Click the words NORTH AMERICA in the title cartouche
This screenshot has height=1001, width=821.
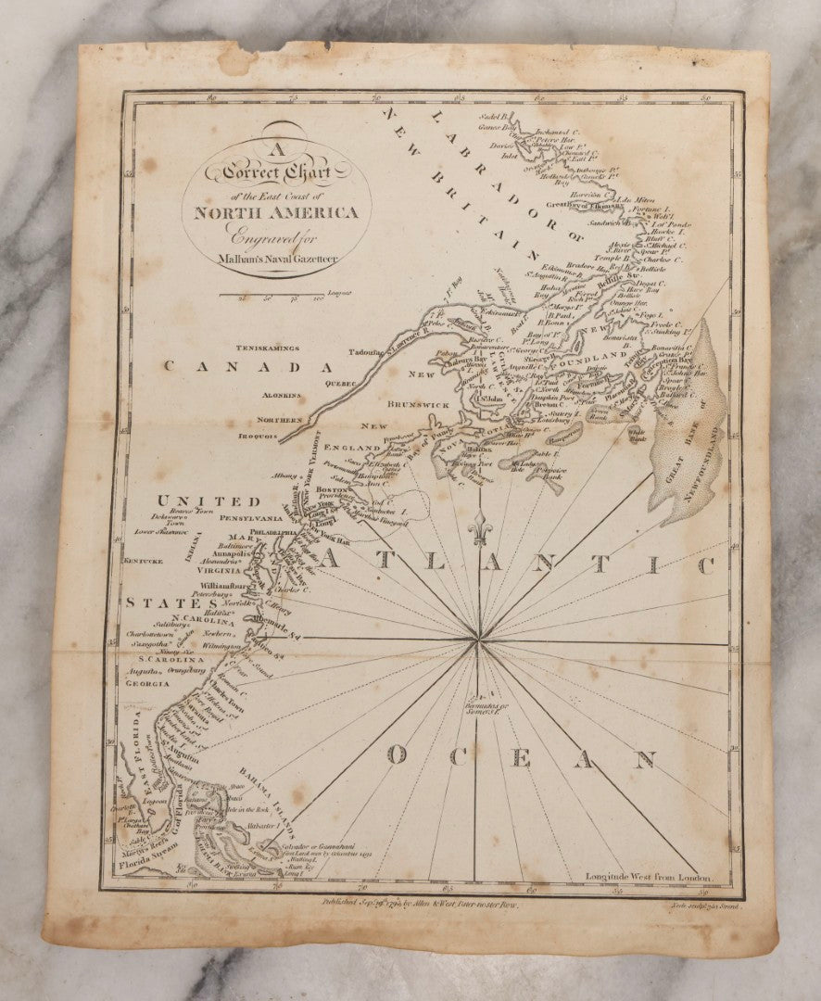(275, 212)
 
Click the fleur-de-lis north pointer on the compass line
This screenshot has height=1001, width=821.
(479, 528)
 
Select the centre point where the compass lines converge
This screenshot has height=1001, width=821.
(478, 639)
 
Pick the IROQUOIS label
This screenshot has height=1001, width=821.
(258, 436)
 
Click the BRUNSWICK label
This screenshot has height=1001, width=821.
(418, 405)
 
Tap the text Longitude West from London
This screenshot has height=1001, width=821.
(649, 876)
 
